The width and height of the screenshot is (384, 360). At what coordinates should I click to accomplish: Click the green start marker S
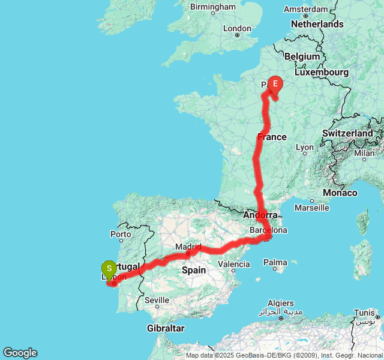109,269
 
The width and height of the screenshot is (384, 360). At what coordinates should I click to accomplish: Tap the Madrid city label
187,247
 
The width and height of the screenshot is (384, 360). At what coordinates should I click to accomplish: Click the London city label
237,28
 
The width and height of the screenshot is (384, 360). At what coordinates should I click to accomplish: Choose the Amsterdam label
306,10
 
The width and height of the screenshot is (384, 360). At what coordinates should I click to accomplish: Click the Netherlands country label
317,24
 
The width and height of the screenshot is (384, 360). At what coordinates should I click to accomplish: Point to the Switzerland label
347,133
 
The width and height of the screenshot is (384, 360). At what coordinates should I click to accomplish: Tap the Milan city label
364,153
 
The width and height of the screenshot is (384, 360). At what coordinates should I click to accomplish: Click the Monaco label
340,193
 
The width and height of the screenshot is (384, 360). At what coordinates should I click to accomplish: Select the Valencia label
234,263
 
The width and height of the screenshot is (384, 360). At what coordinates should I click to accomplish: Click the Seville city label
157,300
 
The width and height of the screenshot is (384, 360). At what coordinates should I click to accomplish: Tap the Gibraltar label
165,328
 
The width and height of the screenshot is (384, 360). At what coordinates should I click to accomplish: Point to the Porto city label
121,234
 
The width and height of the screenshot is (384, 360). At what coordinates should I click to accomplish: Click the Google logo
20,353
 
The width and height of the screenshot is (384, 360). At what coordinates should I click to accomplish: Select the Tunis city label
366,313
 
